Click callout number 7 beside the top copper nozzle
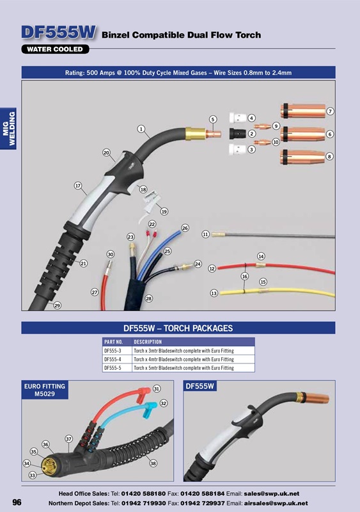(330, 111)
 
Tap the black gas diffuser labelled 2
(238, 133)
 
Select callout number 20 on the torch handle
(106, 152)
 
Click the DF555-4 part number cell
(113, 359)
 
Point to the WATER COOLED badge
(55, 49)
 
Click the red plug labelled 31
(144, 394)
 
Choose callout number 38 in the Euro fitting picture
(153, 463)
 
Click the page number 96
(17, 502)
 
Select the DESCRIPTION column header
(148, 342)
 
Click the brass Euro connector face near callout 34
(49, 467)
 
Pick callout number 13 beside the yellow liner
(214, 293)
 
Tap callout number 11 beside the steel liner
(205, 234)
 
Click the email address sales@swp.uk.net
(272, 493)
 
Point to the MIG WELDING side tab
(8, 129)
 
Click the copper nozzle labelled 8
(302, 157)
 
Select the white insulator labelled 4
(238, 118)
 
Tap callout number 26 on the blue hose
(185, 228)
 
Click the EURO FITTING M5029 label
(45, 390)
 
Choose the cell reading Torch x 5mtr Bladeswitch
(184, 367)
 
